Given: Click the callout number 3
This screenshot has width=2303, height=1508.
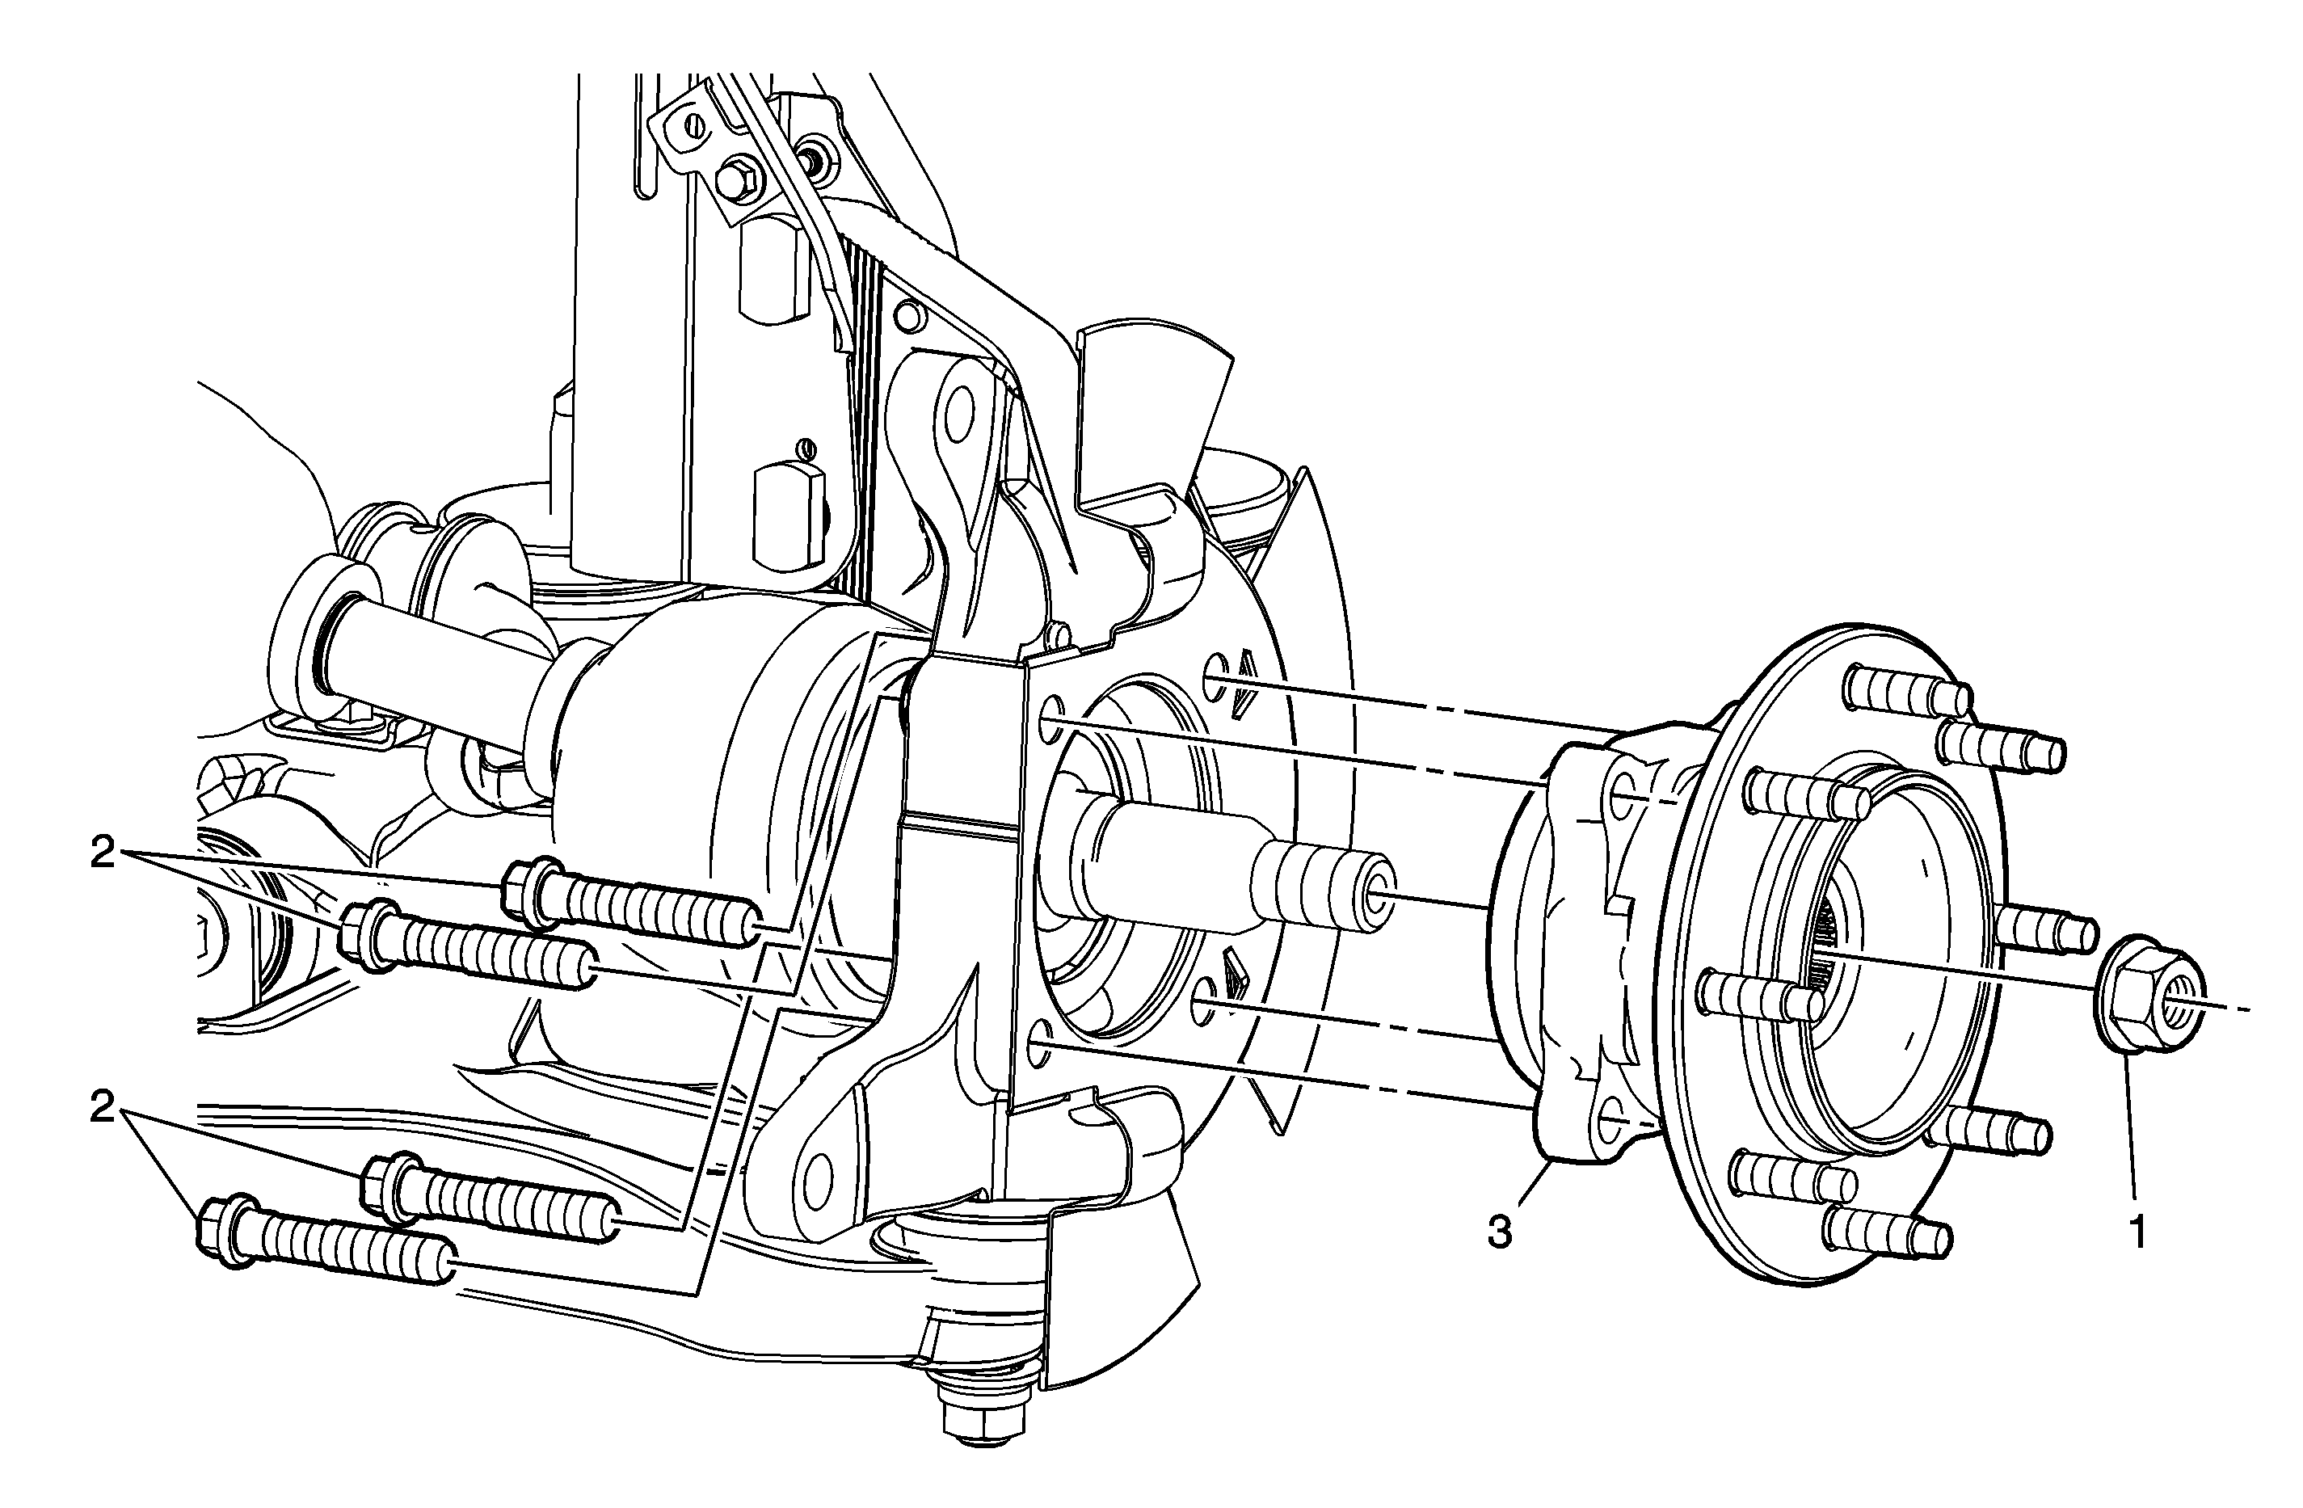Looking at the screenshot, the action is coord(1499,1233).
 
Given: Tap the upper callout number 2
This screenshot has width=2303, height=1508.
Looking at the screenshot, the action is coord(103,853).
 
